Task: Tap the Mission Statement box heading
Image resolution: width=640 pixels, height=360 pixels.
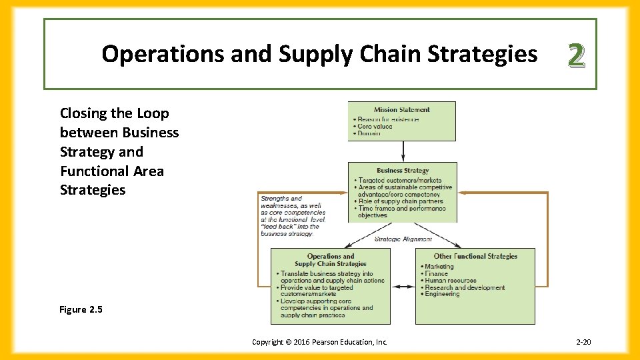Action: coord(402,110)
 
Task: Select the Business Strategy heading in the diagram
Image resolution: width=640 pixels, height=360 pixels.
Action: coord(403,171)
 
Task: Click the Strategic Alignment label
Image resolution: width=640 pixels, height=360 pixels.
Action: coord(403,239)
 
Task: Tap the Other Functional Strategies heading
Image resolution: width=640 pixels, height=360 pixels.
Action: coord(475,256)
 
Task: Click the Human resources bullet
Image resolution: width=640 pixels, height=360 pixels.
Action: coord(450,281)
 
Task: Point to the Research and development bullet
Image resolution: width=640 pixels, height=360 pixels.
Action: coord(464,288)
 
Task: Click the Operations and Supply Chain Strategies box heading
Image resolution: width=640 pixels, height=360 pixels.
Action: coord(331,260)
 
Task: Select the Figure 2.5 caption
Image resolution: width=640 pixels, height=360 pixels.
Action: coord(82,309)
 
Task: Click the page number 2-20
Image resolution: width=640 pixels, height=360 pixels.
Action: coord(583,342)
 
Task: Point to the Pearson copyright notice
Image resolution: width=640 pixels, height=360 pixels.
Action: coord(319,342)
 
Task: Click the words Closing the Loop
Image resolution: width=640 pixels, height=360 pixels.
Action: coord(115,113)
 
